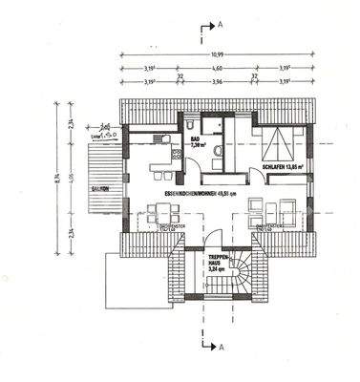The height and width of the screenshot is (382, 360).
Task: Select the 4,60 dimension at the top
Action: [x=217, y=70]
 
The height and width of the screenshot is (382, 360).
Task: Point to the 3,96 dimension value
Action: [x=217, y=82]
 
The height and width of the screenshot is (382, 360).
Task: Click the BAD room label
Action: [x=195, y=141]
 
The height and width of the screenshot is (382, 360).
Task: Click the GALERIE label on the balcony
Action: [x=98, y=189]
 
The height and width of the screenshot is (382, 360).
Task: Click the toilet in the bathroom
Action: [x=194, y=125]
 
